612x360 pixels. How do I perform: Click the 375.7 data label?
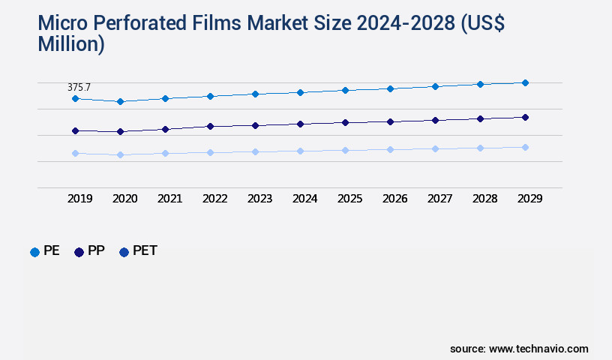[x=79, y=88]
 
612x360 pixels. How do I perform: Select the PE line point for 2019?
[x=75, y=98]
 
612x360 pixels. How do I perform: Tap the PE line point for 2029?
[x=525, y=82]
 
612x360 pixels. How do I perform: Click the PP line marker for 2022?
[x=210, y=126]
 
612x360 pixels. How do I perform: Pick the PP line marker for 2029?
[x=525, y=117]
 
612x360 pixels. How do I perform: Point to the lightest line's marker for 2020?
[x=120, y=154]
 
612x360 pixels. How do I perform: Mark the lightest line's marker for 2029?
[x=525, y=147]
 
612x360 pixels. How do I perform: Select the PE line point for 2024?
[x=300, y=92]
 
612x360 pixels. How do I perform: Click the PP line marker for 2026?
[x=390, y=121]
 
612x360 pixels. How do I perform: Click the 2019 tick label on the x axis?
[x=79, y=199]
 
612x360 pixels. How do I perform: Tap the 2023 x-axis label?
[x=259, y=199]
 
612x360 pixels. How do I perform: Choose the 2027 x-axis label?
[x=439, y=199]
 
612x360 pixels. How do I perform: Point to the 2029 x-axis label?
[x=529, y=199]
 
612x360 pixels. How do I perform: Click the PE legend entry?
[x=45, y=251]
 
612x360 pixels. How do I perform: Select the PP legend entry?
[x=89, y=251]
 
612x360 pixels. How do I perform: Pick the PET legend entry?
[x=139, y=251]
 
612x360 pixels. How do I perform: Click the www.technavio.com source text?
[x=538, y=349]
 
